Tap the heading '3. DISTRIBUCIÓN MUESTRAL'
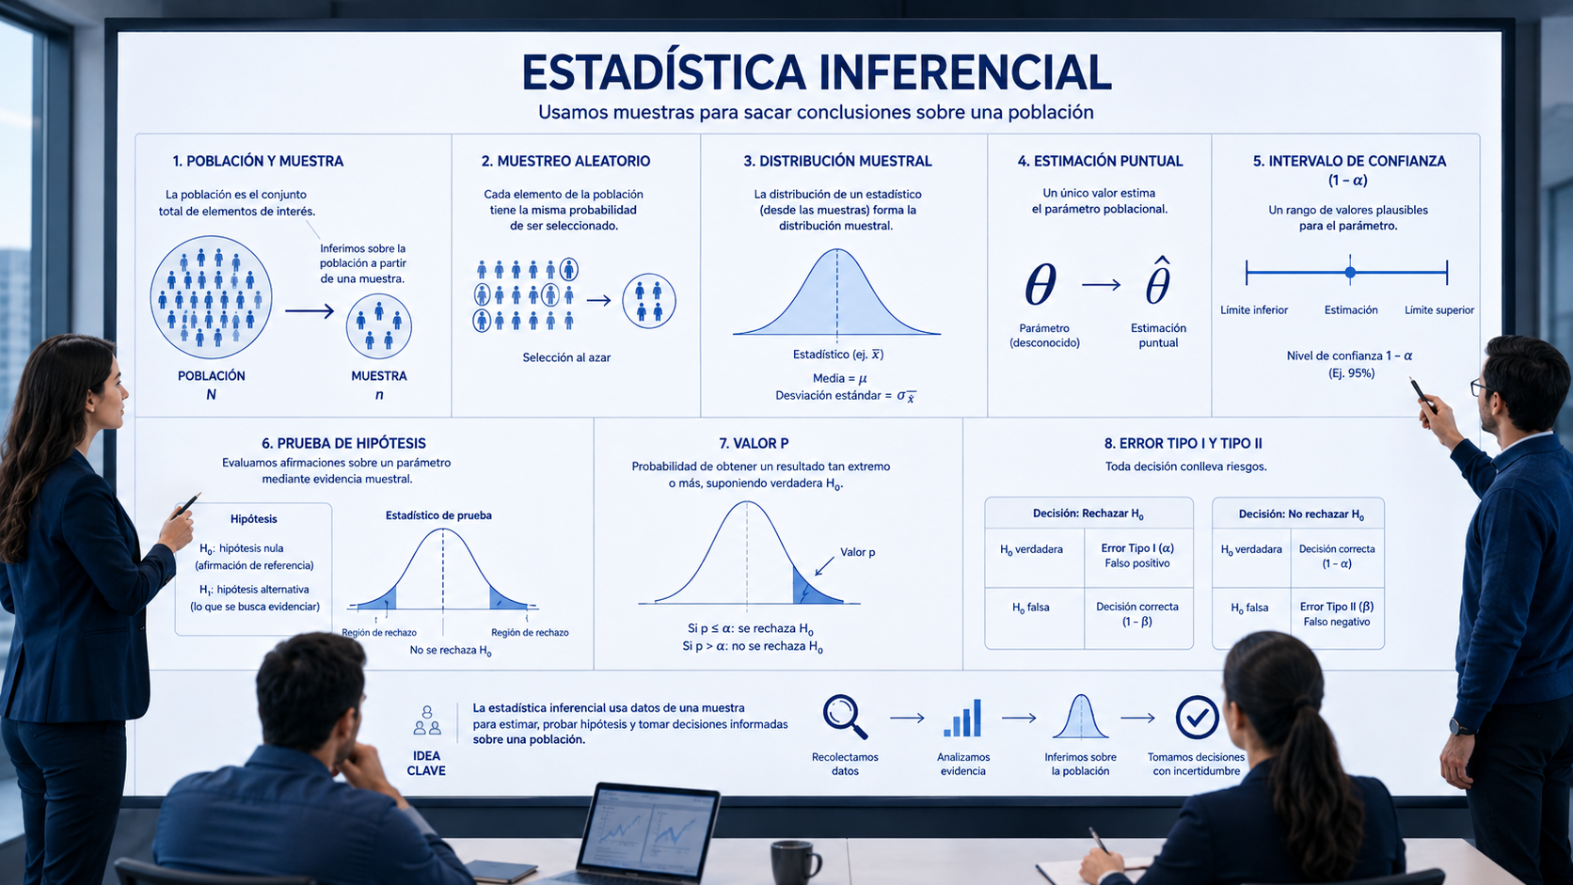837,161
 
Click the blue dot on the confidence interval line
1350,273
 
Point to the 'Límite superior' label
1438,310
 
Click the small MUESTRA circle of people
378,326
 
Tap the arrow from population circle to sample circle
310,311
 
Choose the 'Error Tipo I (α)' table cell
1137,555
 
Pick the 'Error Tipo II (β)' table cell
1336,614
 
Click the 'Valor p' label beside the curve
857,552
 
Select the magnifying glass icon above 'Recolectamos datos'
845,717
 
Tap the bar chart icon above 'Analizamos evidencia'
962,718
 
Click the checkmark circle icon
1197,718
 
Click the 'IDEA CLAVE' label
426,763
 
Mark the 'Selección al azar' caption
566,357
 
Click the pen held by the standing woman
187,505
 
